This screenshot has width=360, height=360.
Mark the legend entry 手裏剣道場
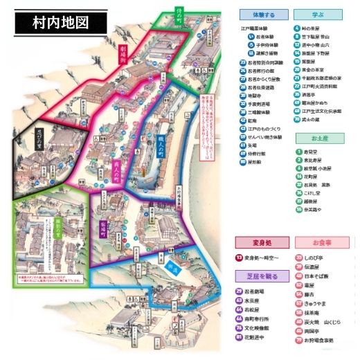[x=260, y=102]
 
